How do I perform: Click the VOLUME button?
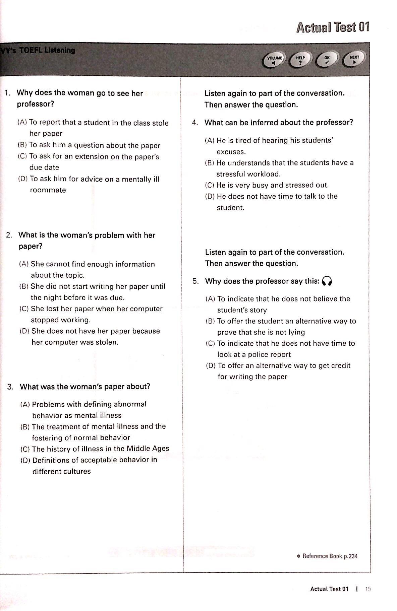[274, 60]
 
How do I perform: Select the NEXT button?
[354, 59]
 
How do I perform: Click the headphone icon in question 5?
[327, 281]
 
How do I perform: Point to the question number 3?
[10, 387]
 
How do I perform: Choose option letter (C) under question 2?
[24, 309]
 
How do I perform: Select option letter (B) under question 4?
[210, 163]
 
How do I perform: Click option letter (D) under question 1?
[23, 179]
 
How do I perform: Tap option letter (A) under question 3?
[25, 404]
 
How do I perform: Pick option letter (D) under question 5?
[211, 366]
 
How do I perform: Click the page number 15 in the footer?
[368, 589]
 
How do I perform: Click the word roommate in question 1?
[48, 190]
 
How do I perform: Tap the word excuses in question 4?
[231, 152]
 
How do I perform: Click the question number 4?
[195, 123]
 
